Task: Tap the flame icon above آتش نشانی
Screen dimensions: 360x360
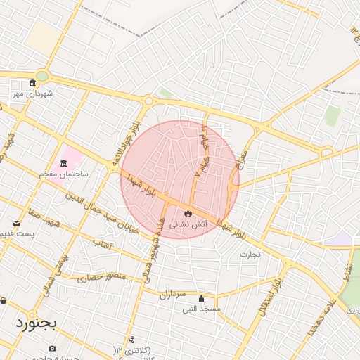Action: point(188,212)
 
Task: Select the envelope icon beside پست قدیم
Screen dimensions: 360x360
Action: point(17,224)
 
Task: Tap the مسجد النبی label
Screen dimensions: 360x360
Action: point(202,309)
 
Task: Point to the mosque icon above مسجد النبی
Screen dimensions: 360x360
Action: point(202,297)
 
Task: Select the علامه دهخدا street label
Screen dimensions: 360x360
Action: point(321,313)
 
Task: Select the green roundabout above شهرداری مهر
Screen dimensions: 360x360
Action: point(42,75)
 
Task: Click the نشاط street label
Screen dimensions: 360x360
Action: point(347,270)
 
